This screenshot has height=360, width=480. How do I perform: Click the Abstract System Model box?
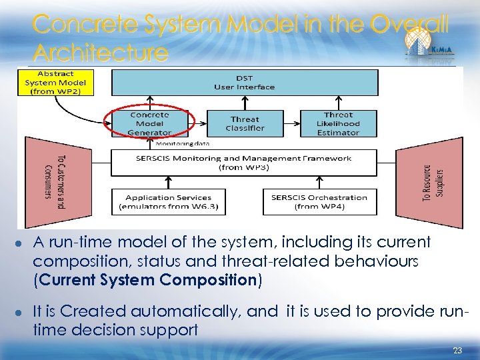point(57,82)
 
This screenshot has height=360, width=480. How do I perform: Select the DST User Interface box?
point(244,82)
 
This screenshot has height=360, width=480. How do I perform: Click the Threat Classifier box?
point(245,123)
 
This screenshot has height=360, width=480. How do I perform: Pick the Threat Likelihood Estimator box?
point(338,123)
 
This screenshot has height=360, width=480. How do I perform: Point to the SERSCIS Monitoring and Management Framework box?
point(244,163)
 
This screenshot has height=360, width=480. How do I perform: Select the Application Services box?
point(168,201)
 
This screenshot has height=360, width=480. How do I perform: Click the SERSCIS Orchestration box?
point(319,201)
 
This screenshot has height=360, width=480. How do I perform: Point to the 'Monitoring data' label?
point(182,143)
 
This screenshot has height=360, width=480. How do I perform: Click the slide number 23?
point(457,349)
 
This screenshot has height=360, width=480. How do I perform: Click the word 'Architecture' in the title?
point(100,52)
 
